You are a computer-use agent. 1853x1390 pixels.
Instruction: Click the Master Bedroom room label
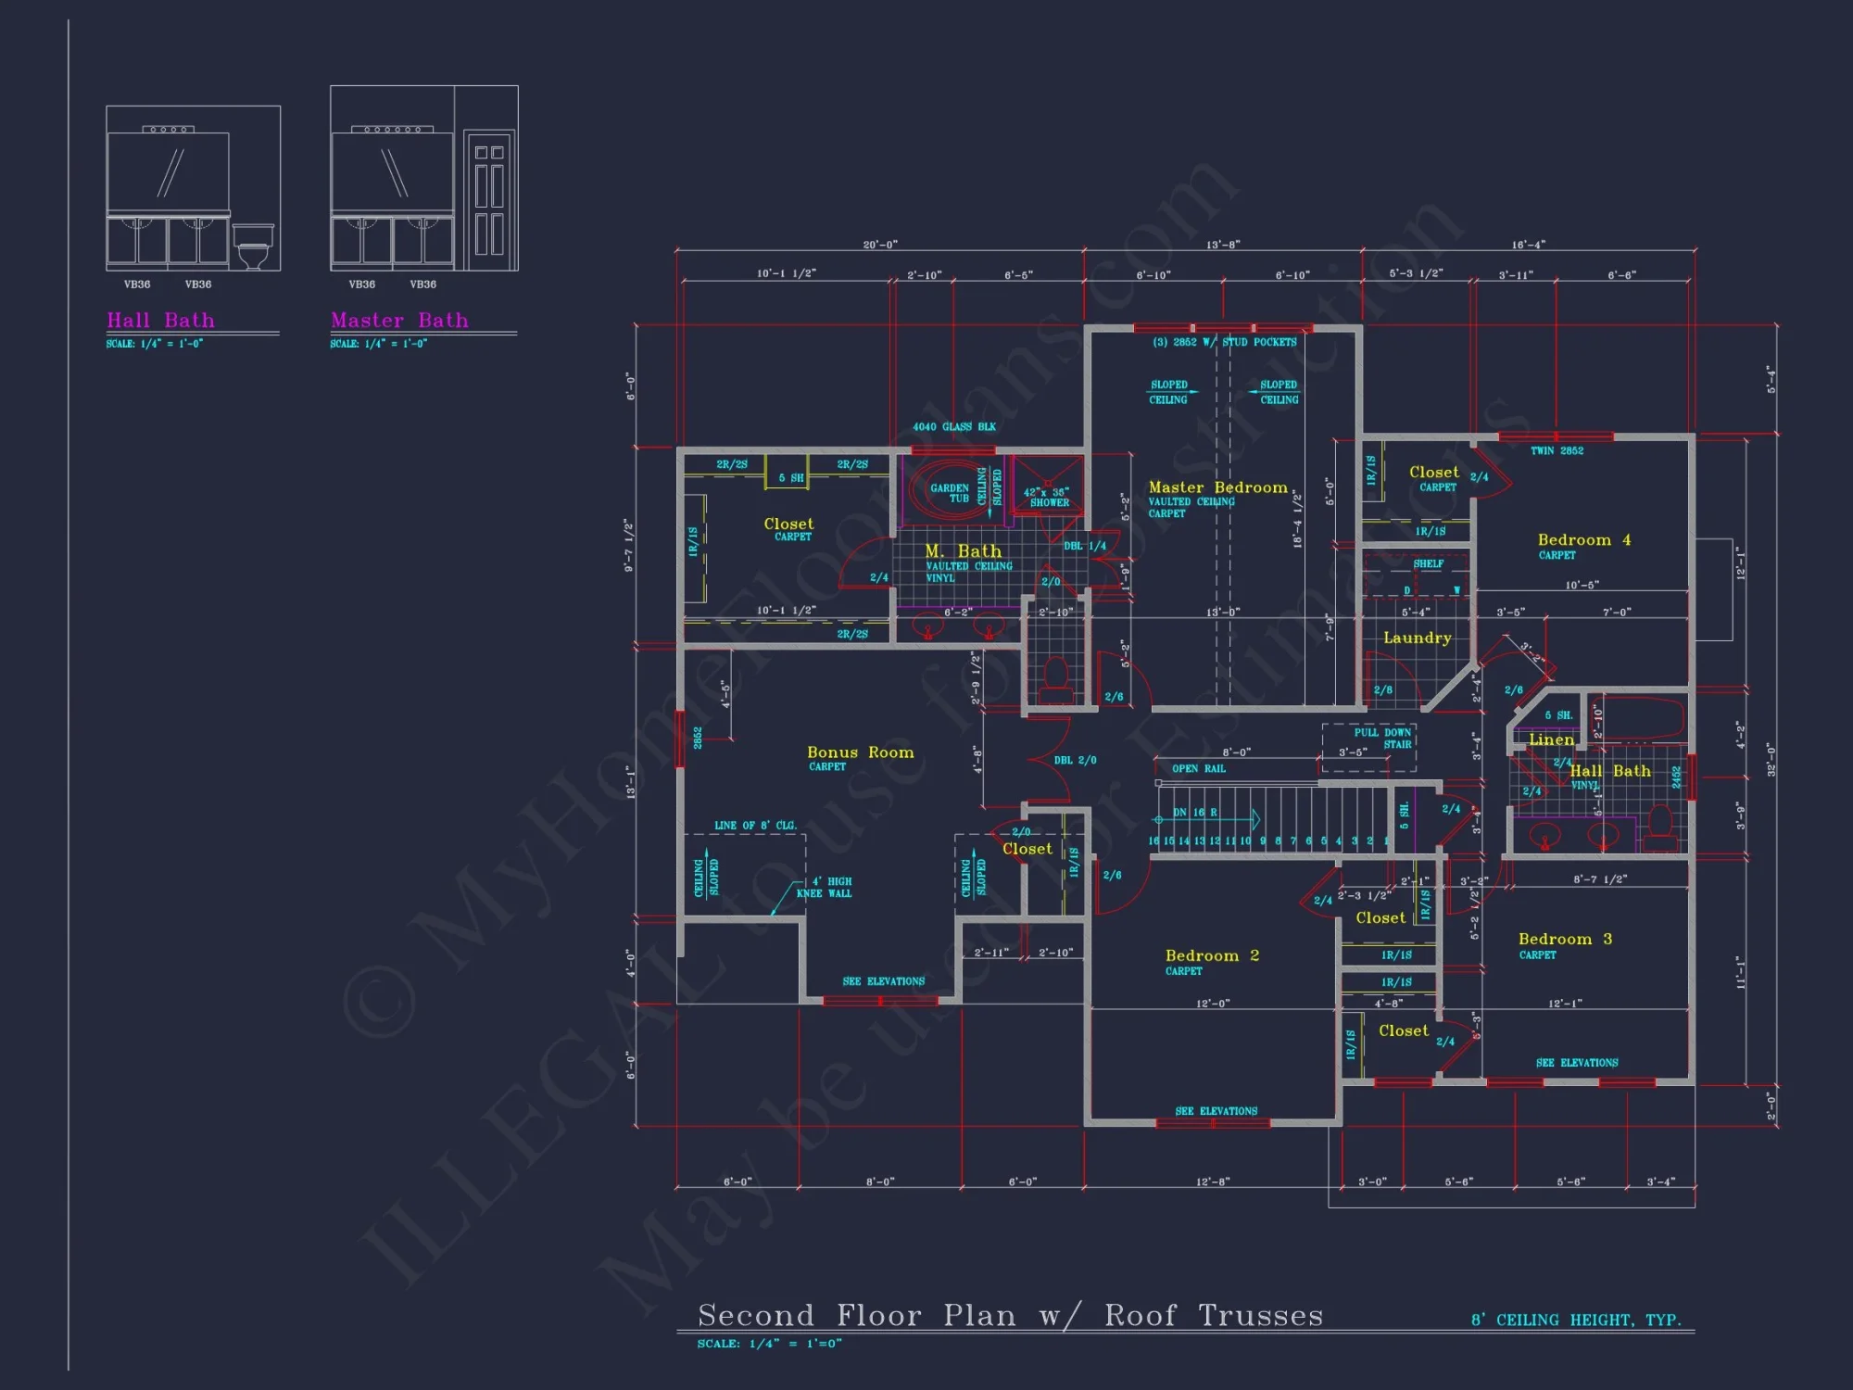pyautogui.click(x=1217, y=487)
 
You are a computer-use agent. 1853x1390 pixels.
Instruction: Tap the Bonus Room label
pyautogui.click(x=860, y=752)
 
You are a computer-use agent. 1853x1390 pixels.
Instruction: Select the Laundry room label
pyautogui.click(x=1417, y=638)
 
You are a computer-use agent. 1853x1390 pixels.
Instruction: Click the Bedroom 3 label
pyautogui.click(x=1565, y=940)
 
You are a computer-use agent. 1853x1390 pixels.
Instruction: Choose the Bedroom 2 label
pyautogui.click(x=1211, y=956)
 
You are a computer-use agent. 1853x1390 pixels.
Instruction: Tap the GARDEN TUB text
pyautogui.click(x=950, y=493)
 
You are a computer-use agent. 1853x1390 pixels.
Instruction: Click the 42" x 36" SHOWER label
pyautogui.click(x=1048, y=498)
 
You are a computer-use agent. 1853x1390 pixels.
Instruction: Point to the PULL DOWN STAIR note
pyautogui.click(x=1382, y=738)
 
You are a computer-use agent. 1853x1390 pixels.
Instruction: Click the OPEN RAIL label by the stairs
pyautogui.click(x=1198, y=768)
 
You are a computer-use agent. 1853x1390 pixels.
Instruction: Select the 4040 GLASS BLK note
pyautogui.click(x=953, y=427)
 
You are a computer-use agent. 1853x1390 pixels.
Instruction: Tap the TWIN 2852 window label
pyautogui.click(x=1557, y=451)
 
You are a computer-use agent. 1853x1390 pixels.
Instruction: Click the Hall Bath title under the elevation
pyautogui.click(x=160, y=321)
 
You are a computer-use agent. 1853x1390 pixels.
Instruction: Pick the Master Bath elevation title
pyautogui.click(x=399, y=321)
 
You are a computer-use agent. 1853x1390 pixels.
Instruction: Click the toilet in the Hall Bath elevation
pyautogui.click(x=252, y=248)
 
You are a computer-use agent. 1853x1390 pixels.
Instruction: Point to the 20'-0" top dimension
pyautogui.click(x=879, y=245)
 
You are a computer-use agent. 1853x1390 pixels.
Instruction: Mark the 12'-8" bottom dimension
pyautogui.click(x=1212, y=1182)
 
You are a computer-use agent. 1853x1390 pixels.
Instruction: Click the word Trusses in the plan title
pyautogui.click(x=1260, y=1316)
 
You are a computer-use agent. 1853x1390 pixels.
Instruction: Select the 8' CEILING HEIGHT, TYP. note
pyautogui.click(x=1575, y=1320)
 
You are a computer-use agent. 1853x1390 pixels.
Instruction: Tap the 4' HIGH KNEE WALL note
pyautogui.click(x=825, y=888)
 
